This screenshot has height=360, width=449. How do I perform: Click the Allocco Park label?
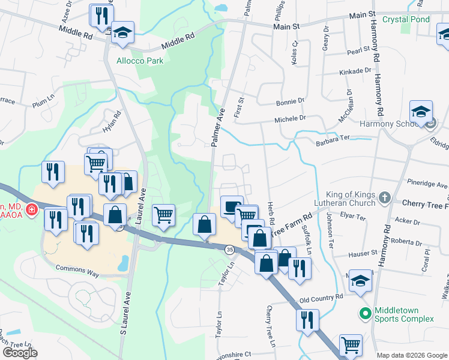tap(140, 61)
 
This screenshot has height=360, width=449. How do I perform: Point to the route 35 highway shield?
tap(229, 248)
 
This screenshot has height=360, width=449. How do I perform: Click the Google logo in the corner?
tap(20, 353)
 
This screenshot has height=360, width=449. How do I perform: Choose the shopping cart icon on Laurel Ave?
tap(163, 214)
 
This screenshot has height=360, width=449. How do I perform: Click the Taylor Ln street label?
tap(226, 277)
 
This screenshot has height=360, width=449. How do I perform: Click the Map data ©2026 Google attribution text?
tap(412, 355)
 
